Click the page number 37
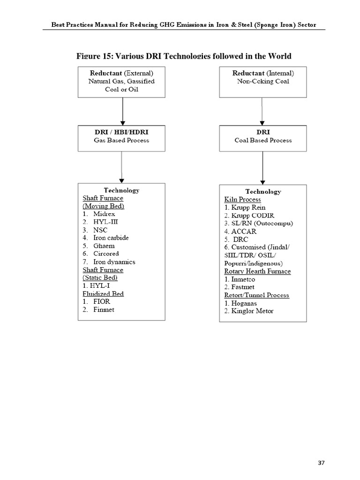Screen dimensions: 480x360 [x=321, y=463]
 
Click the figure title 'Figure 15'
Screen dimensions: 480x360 [x=184, y=56]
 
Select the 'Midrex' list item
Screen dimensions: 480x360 [x=104, y=214]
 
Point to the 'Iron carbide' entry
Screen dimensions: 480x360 [x=112, y=238]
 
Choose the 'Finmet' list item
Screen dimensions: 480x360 [x=104, y=309]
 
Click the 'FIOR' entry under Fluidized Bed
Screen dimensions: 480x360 [x=102, y=301]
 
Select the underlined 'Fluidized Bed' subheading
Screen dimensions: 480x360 [x=103, y=293]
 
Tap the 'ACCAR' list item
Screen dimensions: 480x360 [x=244, y=231]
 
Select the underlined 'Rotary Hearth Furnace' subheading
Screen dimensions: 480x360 [x=257, y=271]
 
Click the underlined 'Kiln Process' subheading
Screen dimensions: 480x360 [x=242, y=199]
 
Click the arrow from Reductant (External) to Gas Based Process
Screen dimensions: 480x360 [x=122, y=112]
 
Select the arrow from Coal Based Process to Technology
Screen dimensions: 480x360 [x=262, y=168]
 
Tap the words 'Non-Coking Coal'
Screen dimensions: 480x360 [x=263, y=81]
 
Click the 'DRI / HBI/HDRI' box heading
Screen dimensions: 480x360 [x=121, y=132]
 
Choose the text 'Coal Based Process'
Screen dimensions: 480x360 [x=263, y=140]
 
